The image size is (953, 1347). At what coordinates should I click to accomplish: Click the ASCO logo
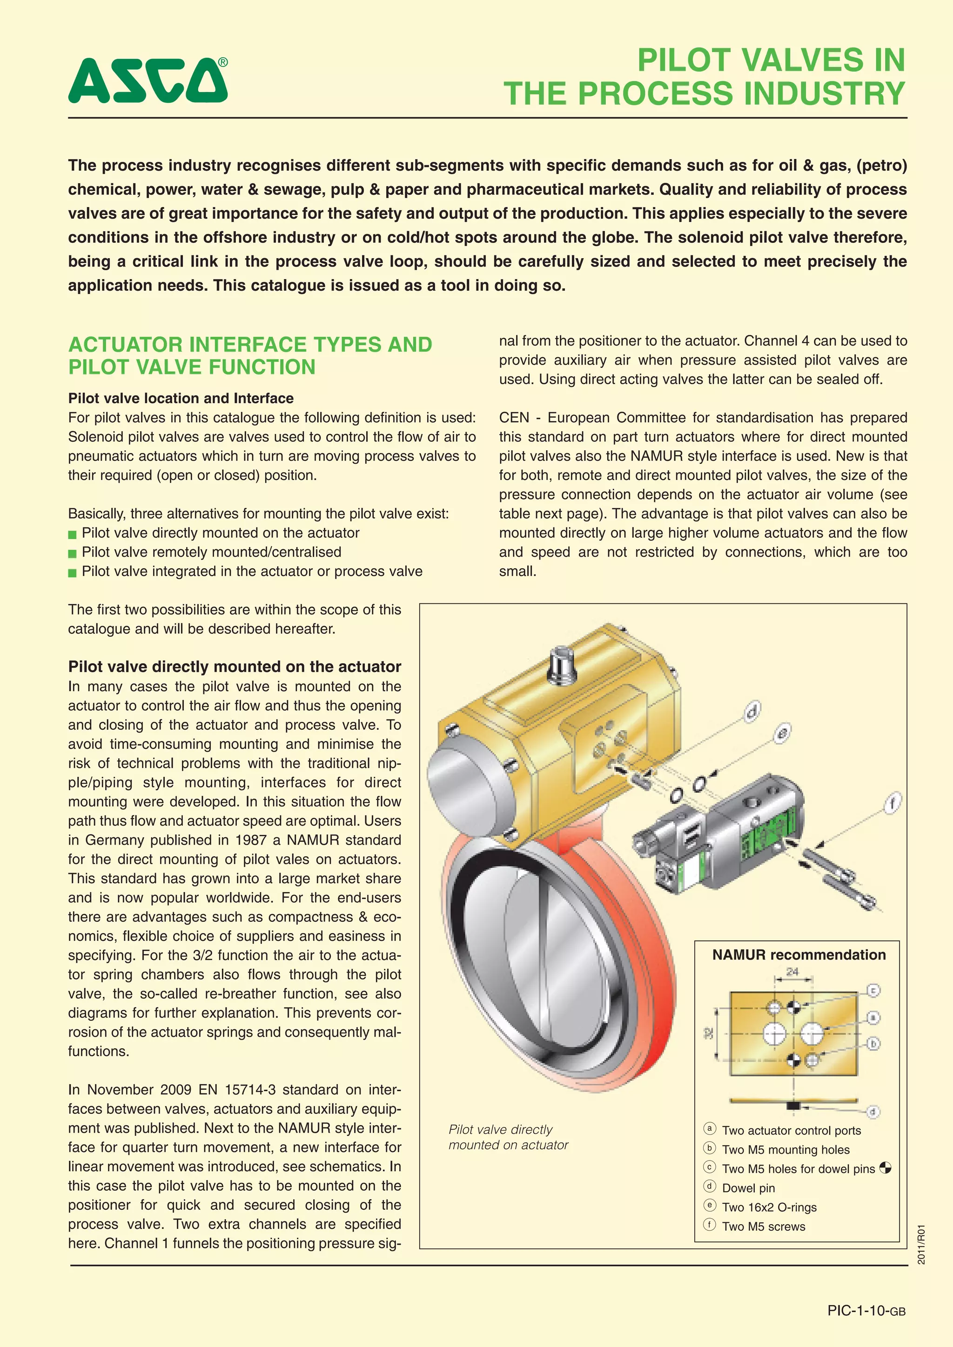(148, 80)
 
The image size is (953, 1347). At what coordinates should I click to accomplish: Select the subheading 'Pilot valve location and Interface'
(181, 398)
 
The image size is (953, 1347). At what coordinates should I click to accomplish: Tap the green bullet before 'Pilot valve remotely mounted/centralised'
(72, 553)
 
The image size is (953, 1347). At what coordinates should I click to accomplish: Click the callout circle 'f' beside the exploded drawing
(893, 802)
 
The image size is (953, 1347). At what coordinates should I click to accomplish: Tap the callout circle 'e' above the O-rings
(782, 734)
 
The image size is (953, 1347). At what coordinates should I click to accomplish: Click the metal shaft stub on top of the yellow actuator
(562, 665)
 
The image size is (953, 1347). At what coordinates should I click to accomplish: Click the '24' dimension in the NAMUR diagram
(792, 972)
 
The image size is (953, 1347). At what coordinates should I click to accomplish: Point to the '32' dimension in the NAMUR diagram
(709, 1033)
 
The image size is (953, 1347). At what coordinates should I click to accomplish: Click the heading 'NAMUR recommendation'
(799, 954)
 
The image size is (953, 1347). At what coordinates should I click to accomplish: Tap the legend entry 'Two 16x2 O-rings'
(769, 1207)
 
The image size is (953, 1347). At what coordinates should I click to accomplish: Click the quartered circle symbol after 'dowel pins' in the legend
(885, 1168)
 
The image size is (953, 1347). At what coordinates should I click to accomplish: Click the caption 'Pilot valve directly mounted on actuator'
(508, 1137)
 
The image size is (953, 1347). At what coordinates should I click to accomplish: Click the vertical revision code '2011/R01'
(922, 1244)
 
